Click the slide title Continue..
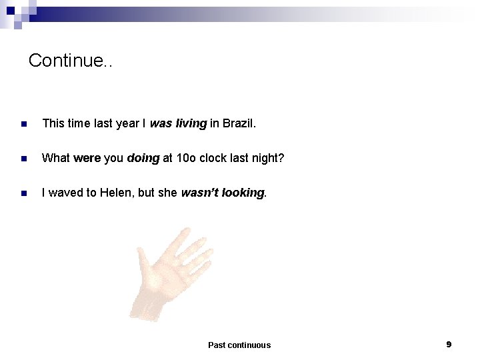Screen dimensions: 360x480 click(x=71, y=61)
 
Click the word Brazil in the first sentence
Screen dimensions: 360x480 click(x=239, y=123)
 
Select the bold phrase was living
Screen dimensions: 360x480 click(x=179, y=123)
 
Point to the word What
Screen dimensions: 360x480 click(x=56, y=158)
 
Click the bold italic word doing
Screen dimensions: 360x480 click(x=143, y=158)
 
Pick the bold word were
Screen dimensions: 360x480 click(x=87, y=158)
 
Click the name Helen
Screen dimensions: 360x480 click(x=115, y=193)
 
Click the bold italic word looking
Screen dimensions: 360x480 click(x=243, y=193)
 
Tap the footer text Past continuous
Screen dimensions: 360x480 click(x=239, y=345)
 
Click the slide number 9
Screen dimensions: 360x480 click(x=449, y=344)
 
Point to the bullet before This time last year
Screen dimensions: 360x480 click(x=23, y=124)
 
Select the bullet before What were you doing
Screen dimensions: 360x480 click(x=23, y=159)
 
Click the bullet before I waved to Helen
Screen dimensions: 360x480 click(x=23, y=193)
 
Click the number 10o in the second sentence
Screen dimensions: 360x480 click(x=185, y=158)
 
